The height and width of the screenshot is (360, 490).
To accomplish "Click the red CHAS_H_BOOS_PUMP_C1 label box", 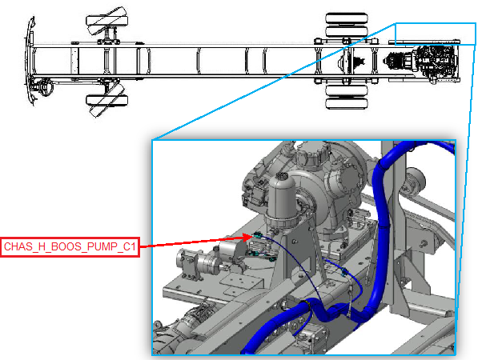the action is (x=70, y=247).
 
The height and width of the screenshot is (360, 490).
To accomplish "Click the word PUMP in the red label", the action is (x=101, y=247).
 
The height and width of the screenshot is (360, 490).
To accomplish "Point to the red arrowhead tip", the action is (x=253, y=236).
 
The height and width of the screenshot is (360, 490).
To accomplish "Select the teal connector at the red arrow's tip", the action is (x=258, y=235).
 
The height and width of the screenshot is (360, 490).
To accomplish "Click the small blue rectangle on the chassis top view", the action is (x=436, y=34).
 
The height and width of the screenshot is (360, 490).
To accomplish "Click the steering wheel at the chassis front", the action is (x=44, y=86).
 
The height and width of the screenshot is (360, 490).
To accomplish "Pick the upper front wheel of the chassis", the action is (x=106, y=22).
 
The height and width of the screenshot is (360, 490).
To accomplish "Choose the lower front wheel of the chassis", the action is (x=106, y=100).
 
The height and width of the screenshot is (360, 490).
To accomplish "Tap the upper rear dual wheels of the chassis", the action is (x=346, y=25).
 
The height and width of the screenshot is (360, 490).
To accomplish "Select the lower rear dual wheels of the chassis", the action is (x=346, y=97).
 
